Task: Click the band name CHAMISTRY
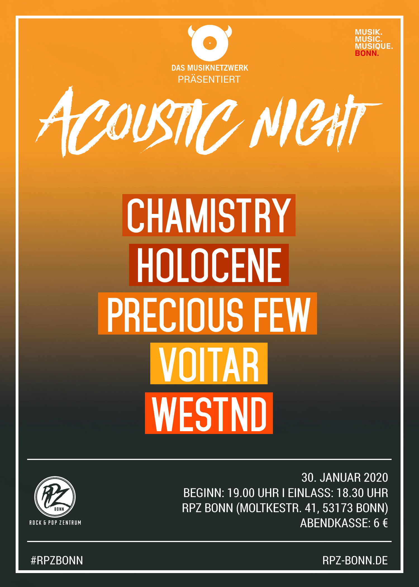click(209, 215)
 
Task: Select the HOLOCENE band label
click(209, 265)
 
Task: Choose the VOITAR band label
click(209, 364)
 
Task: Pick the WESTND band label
click(209, 413)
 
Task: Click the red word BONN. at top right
click(367, 53)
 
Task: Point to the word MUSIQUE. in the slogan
click(374, 46)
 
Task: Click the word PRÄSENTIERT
click(209, 80)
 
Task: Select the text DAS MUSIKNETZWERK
click(210, 68)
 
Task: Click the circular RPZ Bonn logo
click(55, 497)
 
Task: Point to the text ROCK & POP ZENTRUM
click(55, 523)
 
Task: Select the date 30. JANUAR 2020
click(345, 478)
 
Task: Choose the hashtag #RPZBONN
click(57, 560)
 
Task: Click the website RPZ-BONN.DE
click(355, 560)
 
